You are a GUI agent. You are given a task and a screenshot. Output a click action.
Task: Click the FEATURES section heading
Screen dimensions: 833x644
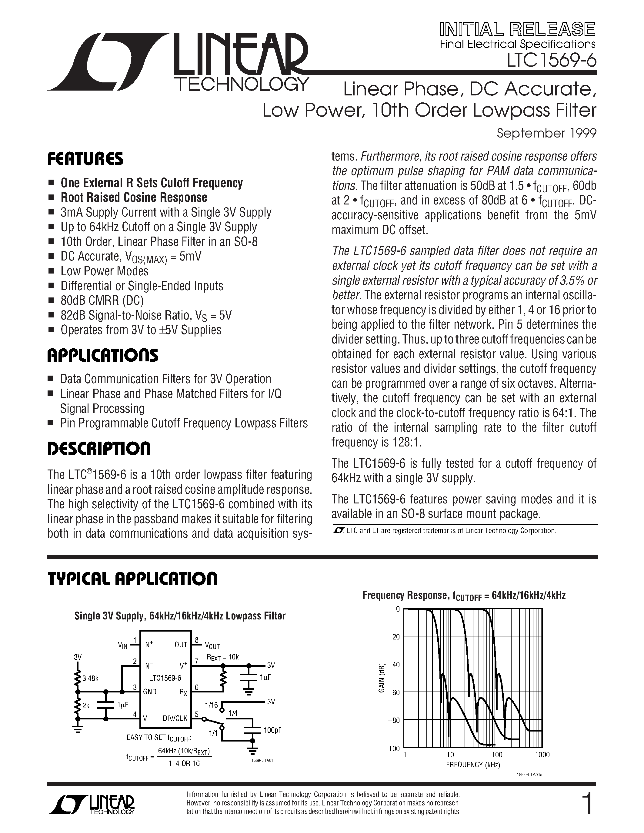85,159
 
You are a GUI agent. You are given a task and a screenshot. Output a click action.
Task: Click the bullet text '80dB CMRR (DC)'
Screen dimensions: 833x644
102,300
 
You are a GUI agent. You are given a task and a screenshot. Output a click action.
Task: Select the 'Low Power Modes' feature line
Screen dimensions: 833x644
104,271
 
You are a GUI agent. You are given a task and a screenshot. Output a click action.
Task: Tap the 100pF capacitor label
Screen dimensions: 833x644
272,730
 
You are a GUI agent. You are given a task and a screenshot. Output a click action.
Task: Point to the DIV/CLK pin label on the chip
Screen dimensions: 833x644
175,718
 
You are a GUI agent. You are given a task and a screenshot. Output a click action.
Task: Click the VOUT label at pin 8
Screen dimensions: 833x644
212,646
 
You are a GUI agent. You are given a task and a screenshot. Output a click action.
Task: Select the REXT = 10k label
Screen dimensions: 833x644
222,657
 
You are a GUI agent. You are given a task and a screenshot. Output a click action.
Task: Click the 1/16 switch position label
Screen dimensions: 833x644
211,705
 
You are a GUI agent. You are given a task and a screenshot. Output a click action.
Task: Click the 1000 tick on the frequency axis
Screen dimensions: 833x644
542,755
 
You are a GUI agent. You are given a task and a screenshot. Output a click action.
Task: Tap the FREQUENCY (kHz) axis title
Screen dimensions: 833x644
473,764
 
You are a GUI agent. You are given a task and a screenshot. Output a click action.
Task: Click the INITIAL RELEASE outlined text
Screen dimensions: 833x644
517,29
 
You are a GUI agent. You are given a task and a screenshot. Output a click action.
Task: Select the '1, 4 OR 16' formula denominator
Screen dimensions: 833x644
184,763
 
